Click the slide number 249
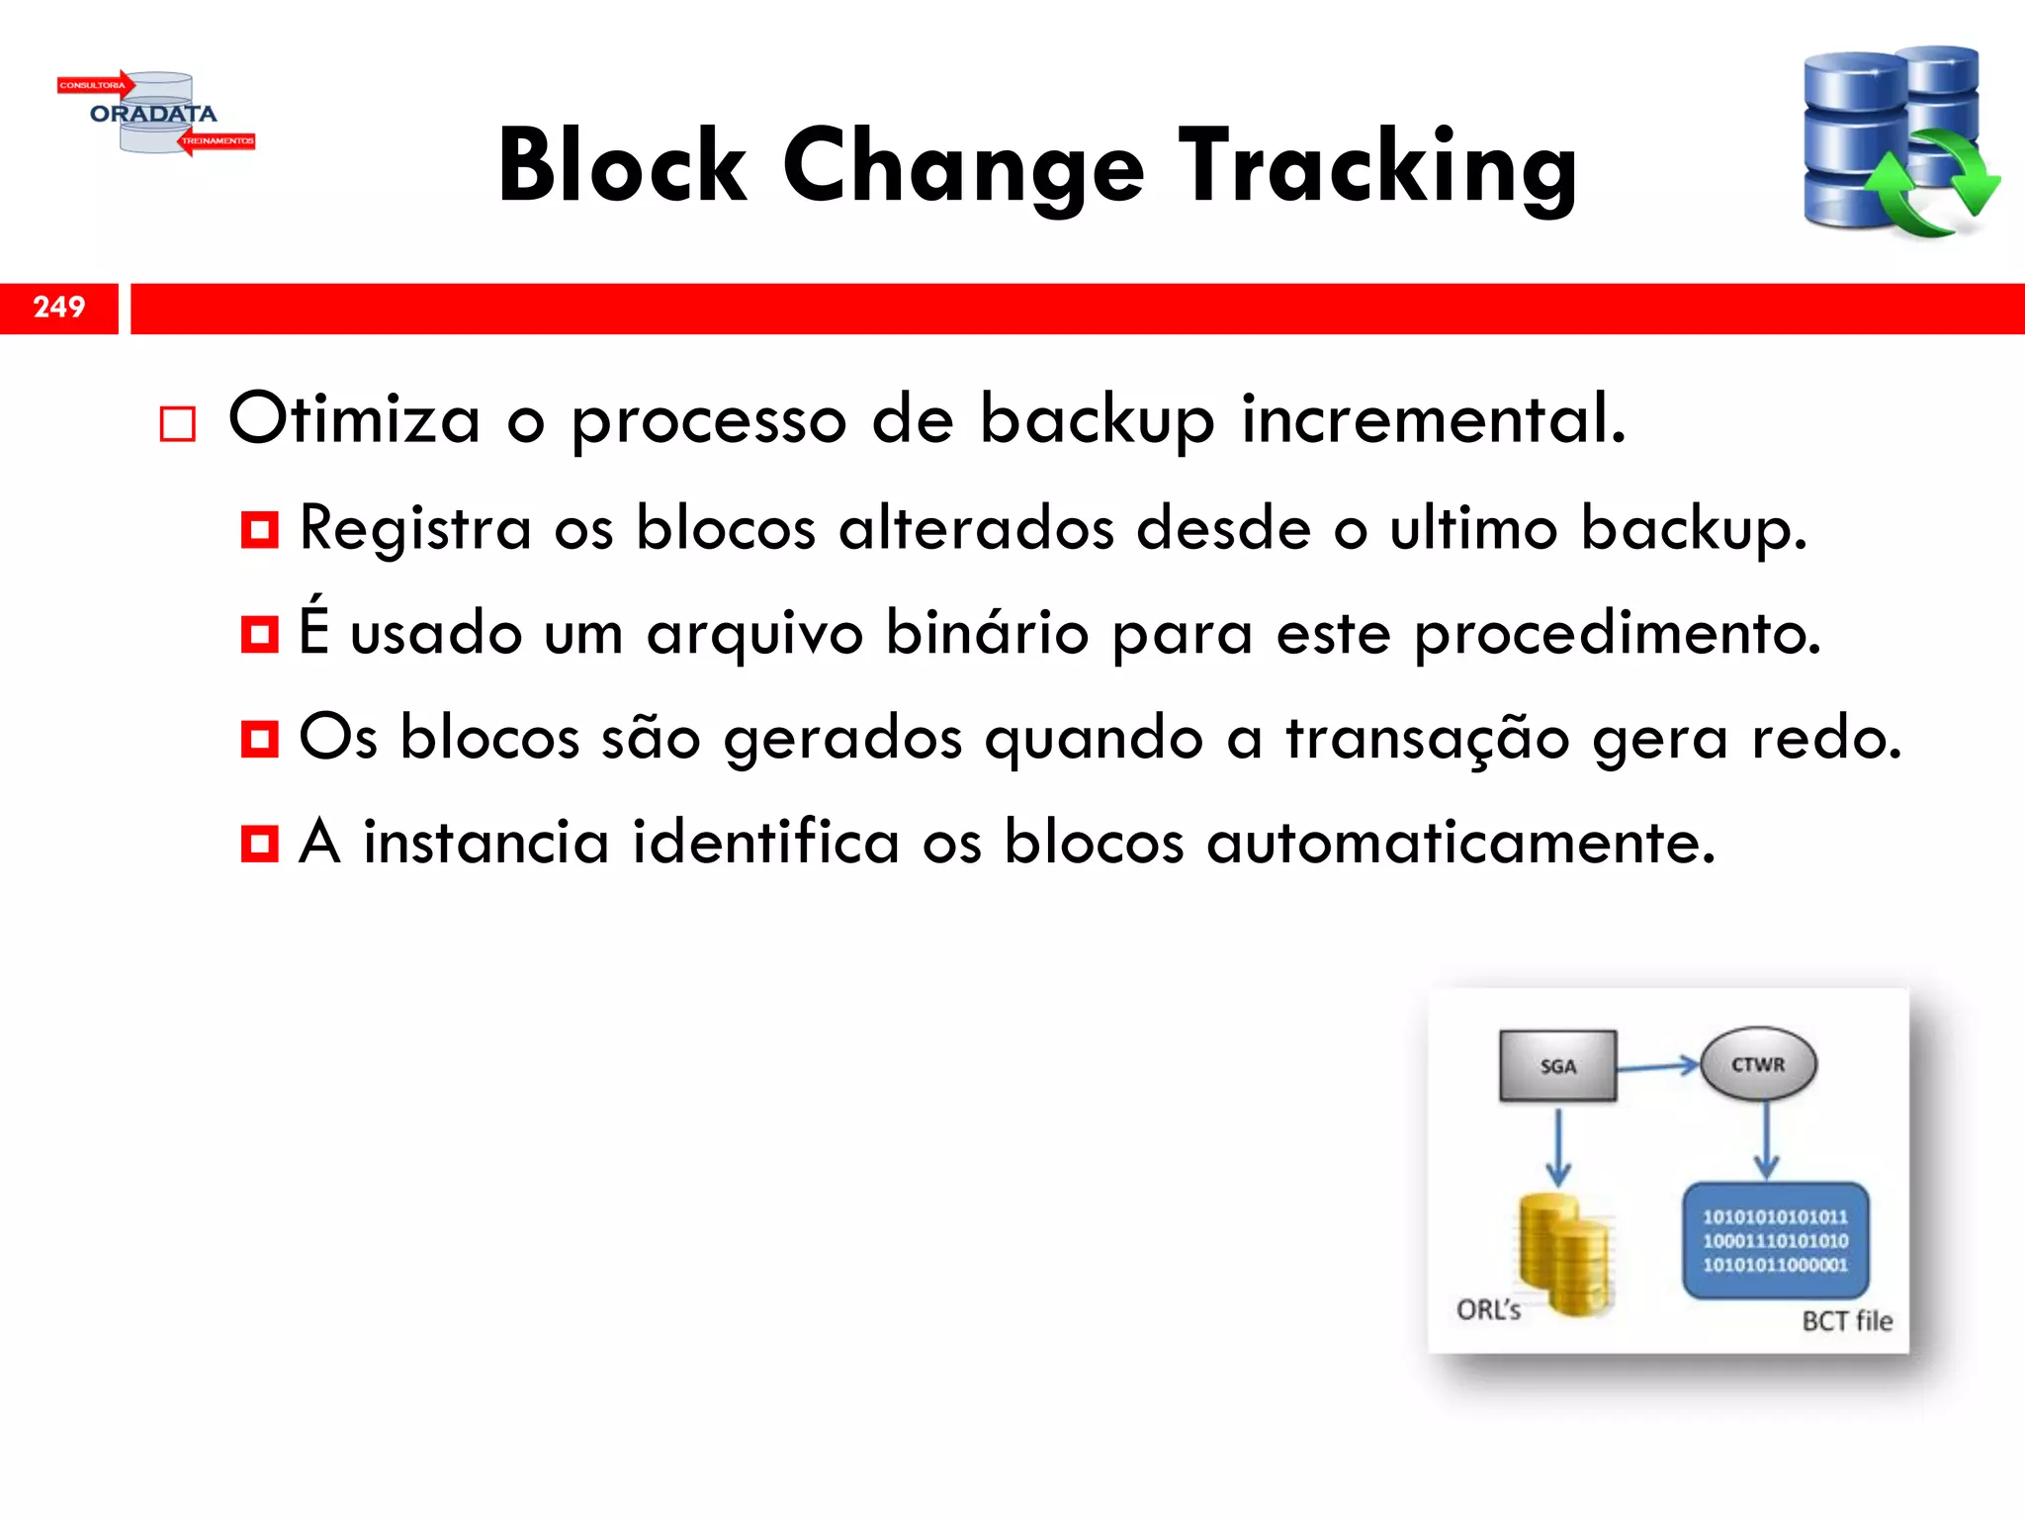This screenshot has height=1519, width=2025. coord(59,308)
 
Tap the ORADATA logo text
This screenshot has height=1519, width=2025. coord(153,114)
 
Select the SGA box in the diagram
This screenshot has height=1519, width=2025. coord(1557,1066)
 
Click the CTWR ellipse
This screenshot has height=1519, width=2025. coord(1758,1065)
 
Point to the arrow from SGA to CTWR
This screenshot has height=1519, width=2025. coord(1658,1066)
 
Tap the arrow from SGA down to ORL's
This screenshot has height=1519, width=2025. coord(1558,1147)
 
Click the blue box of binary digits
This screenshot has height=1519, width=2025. coord(1775,1240)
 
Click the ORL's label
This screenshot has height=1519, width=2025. coord(1488,1310)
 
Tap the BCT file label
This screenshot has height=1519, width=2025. coord(1846,1321)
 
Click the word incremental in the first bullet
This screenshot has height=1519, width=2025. coord(1433,418)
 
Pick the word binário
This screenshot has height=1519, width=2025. coord(986,632)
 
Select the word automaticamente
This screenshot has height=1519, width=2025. coord(1460,843)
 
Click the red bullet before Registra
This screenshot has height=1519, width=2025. coord(260,530)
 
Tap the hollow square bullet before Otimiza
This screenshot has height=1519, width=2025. coord(178,424)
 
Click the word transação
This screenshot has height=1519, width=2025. coord(1427,738)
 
